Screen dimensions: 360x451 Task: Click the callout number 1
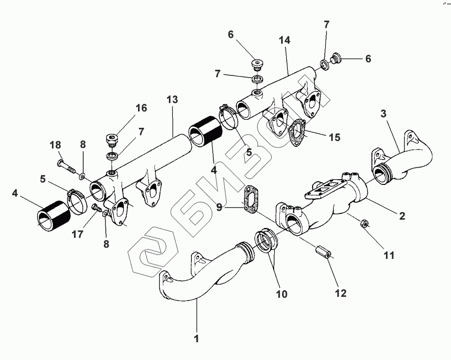[x=197, y=338]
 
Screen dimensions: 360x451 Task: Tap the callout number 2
[x=401, y=216]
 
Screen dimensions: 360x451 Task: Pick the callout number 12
[x=341, y=293]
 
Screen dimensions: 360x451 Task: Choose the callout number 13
[x=172, y=99]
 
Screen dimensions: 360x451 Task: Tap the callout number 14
[x=284, y=41]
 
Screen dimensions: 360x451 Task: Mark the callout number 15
[x=334, y=138]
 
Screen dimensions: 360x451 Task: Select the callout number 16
[x=141, y=109]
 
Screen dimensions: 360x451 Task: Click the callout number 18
[x=56, y=145]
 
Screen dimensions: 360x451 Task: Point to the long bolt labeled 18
[x=66, y=166]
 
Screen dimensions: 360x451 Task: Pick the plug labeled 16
[x=112, y=140]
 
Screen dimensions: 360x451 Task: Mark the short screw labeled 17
[x=97, y=207]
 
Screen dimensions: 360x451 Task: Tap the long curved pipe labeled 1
[x=206, y=281]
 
